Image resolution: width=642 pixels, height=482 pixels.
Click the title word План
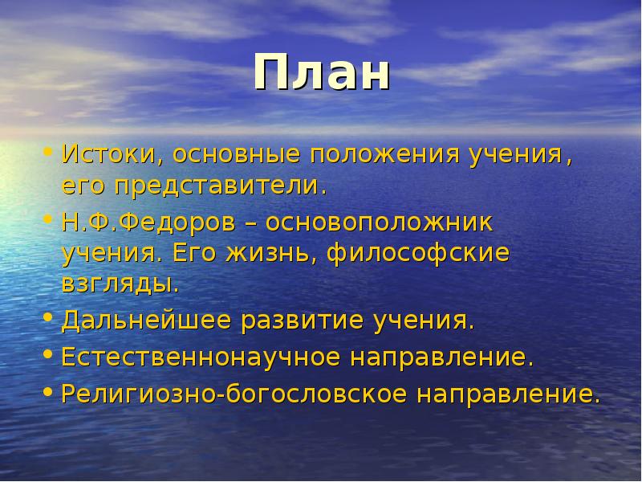coord(323,74)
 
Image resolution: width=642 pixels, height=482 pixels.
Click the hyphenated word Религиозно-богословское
coord(233,394)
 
